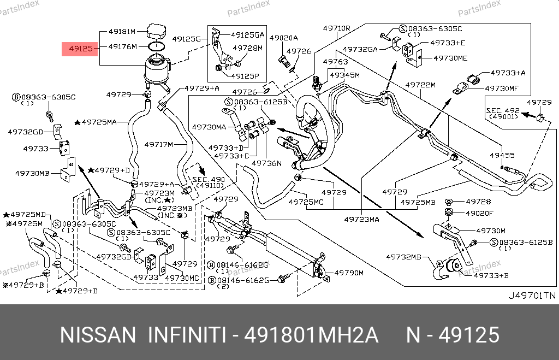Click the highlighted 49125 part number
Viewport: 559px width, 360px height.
click(80, 49)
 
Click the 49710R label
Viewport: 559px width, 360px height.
click(336, 28)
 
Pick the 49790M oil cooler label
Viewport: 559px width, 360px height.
click(349, 273)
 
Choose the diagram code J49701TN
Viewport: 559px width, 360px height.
click(532, 296)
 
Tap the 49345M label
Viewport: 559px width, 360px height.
click(344, 75)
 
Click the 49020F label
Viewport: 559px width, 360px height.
click(479, 213)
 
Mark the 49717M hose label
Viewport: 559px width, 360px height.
click(158, 145)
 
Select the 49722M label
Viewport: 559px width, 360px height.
click(420, 85)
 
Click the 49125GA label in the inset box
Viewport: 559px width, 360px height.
click(248, 34)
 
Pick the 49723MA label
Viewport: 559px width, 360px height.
click(361, 220)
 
